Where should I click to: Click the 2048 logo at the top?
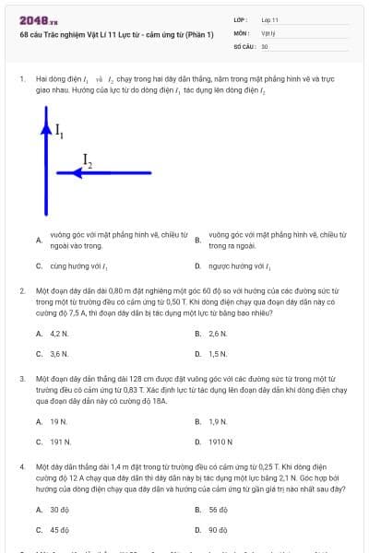click(38, 19)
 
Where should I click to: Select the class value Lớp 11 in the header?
click(270, 19)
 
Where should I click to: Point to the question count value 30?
click(265, 45)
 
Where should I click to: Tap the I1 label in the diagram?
click(59, 131)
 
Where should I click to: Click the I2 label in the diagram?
click(88, 161)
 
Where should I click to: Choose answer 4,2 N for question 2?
click(59, 333)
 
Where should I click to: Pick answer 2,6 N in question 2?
click(218, 333)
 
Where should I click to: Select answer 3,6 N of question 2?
click(59, 353)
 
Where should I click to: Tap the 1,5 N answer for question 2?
click(218, 353)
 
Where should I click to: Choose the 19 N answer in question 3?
click(58, 421)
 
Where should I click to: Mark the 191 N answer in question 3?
click(60, 441)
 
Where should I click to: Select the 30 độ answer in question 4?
click(60, 510)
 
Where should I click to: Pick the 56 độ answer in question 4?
click(219, 510)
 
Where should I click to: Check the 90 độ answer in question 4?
click(219, 530)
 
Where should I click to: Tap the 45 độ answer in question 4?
click(60, 530)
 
